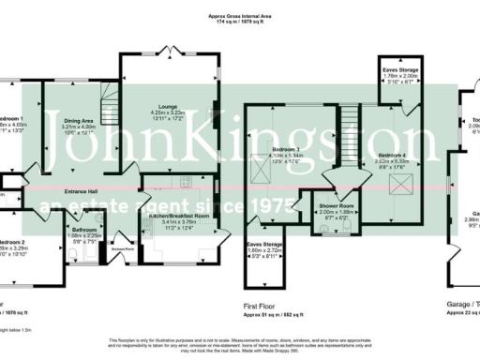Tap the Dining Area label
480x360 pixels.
[80, 120]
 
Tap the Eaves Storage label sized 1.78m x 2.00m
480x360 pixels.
[400, 69]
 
